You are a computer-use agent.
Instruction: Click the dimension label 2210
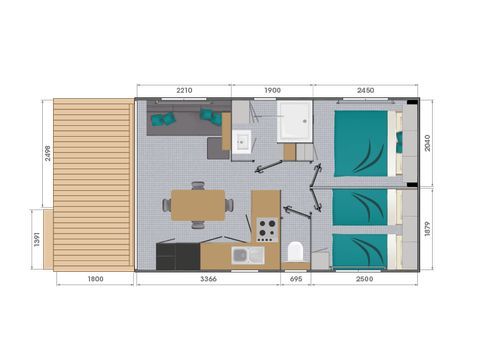(184, 90)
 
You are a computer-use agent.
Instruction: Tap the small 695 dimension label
(296, 279)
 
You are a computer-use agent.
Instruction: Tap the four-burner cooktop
(266, 229)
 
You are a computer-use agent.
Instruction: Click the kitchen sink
(247, 257)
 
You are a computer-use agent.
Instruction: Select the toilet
(295, 252)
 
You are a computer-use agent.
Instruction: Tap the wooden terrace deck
(92, 184)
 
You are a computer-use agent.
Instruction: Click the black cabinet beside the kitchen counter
(165, 257)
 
